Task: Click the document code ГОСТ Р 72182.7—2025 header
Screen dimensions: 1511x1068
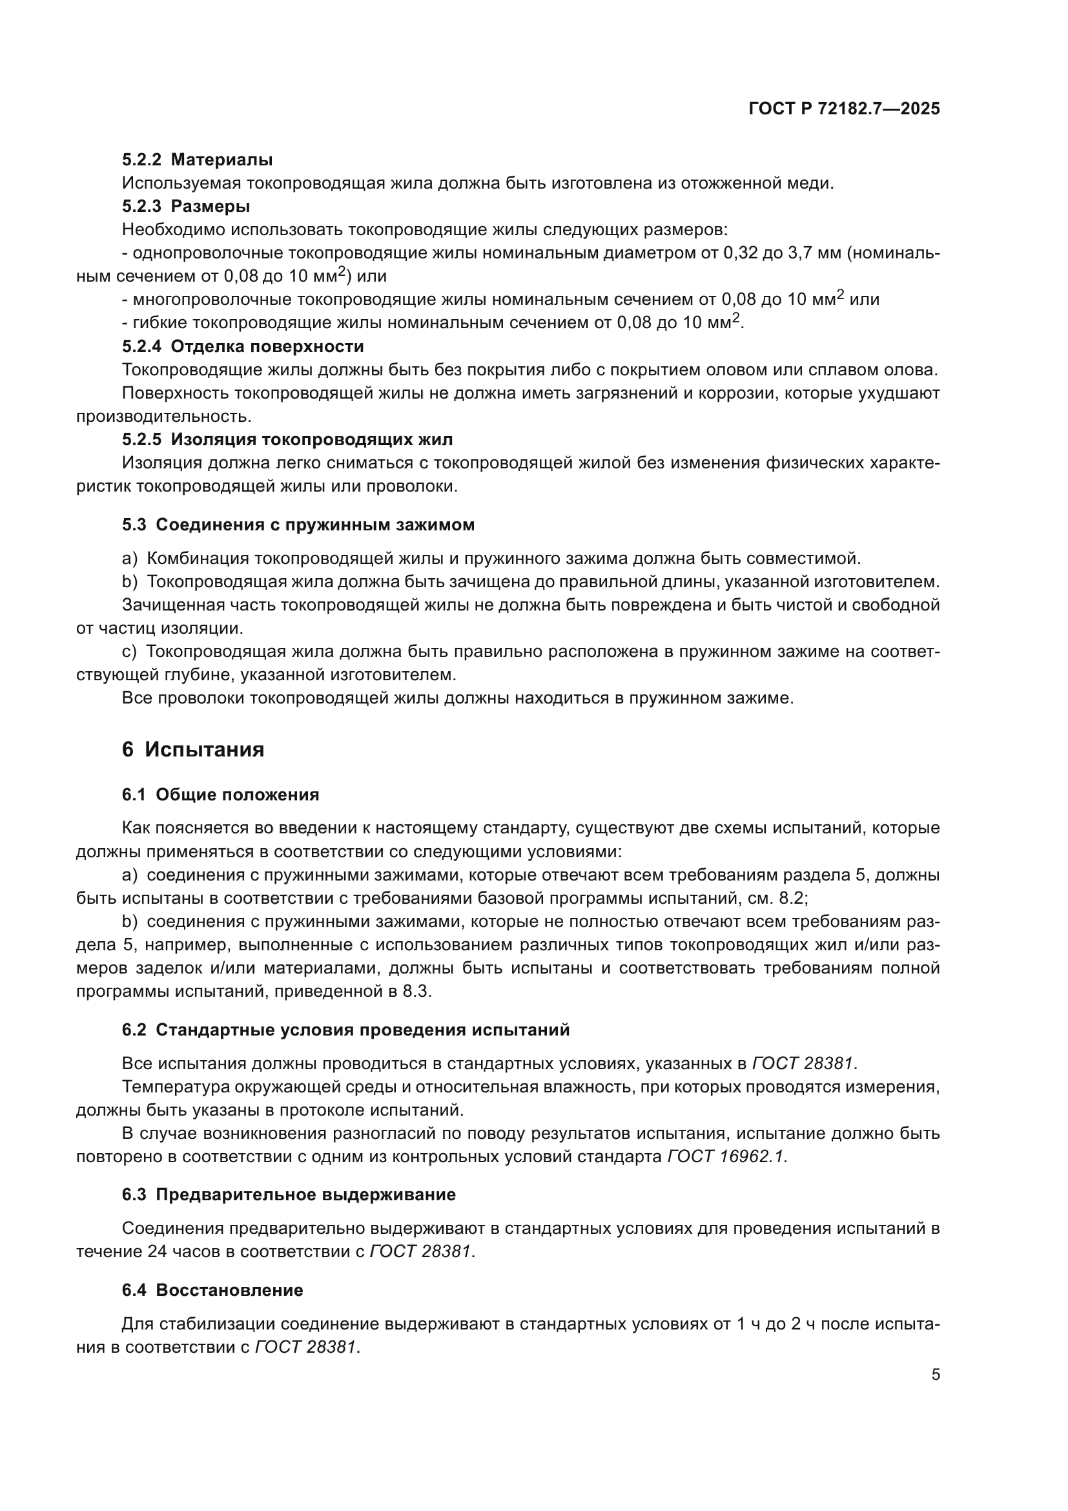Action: point(844,109)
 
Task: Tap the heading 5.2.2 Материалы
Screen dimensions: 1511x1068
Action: point(197,160)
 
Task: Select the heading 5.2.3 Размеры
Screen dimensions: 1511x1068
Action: point(185,207)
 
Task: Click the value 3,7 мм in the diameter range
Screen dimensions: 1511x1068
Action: point(814,253)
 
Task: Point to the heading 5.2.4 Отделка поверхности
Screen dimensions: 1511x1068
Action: point(243,347)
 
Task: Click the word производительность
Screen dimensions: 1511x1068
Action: point(163,417)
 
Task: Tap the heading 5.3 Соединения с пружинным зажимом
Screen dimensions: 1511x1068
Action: point(298,525)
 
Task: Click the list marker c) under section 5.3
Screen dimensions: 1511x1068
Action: point(129,652)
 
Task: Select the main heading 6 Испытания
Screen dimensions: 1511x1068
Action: point(192,749)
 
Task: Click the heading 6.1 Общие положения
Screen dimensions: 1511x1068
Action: point(220,795)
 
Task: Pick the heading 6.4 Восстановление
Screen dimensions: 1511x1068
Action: point(212,1291)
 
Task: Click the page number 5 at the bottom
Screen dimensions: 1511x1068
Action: point(935,1375)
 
